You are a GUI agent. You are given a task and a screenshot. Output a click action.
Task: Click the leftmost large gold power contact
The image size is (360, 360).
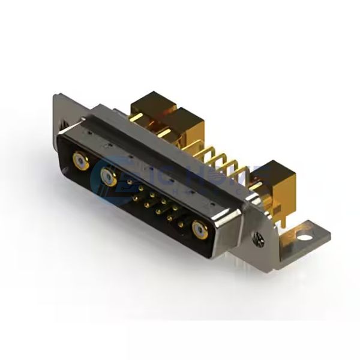(79, 160)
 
